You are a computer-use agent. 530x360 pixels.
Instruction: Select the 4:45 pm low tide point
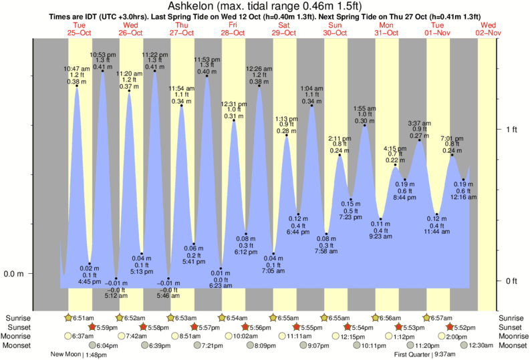tap(90, 263)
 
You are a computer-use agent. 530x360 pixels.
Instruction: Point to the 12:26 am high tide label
tap(259, 75)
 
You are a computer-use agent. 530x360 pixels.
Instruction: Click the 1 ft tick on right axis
tap(511, 129)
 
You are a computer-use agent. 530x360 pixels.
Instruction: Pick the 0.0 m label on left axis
tap(15, 274)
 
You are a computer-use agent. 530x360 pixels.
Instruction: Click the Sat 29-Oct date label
tap(284, 29)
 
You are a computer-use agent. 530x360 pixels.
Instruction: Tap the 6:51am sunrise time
tap(83, 318)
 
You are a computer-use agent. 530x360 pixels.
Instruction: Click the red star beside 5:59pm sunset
tap(93, 327)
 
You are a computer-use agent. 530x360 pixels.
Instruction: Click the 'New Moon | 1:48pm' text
tap(79, 355)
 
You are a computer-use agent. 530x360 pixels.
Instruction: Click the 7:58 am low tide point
tap(327, 232)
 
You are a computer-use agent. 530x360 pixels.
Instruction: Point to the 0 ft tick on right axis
tap(511, 281)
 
